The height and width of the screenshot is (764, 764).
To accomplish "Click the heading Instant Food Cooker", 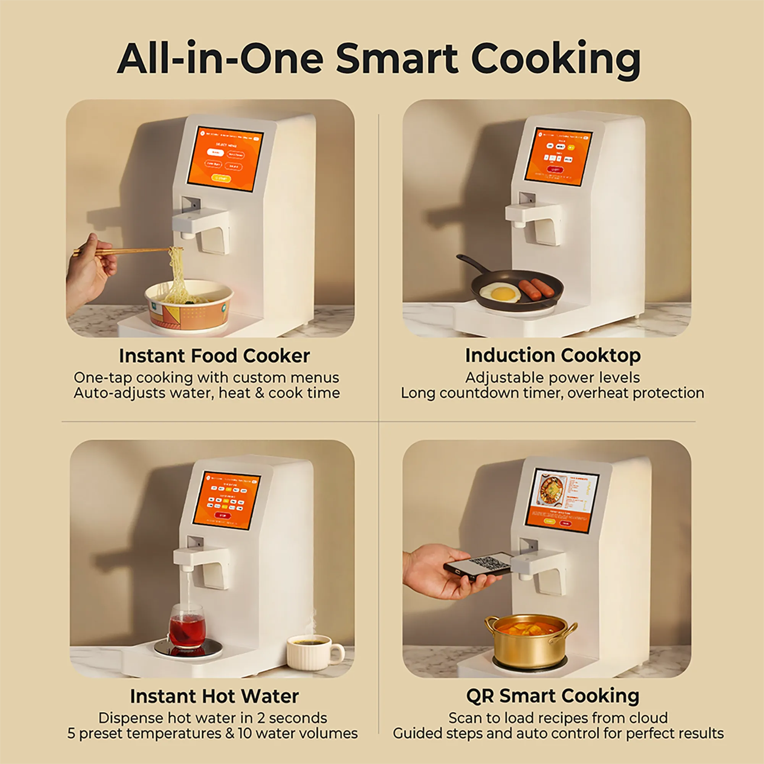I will coord(214,356).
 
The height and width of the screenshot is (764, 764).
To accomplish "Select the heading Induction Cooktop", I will coord(552,356).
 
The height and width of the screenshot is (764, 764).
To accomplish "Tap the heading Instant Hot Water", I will coord(214,696).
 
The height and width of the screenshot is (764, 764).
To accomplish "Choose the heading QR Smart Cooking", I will coord(552,696).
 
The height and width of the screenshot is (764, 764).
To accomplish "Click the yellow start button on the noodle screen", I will coord(221,178).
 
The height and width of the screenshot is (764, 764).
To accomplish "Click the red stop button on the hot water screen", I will coord(223,516).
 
